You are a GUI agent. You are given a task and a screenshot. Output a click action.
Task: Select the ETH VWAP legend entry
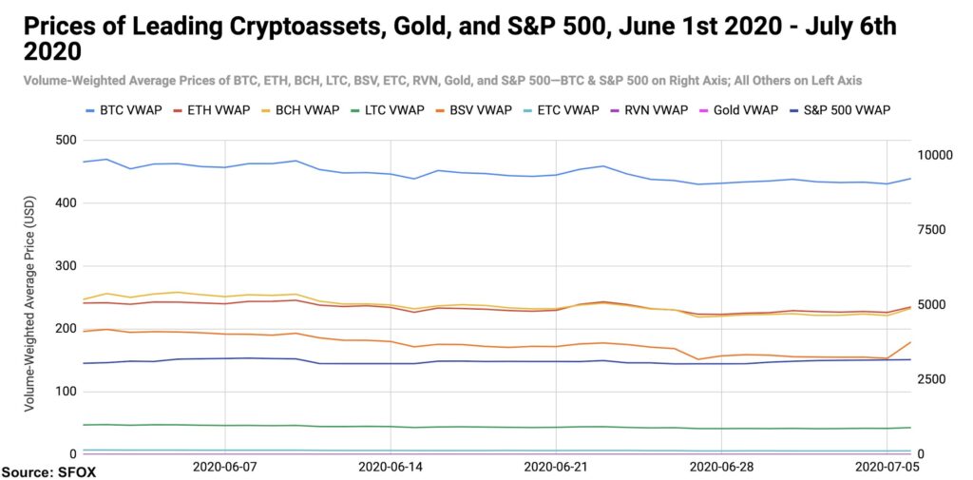(212, 110)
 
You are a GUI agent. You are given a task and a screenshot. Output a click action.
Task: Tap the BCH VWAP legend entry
(302, 110)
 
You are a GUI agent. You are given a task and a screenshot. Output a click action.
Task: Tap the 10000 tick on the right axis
(935, 155)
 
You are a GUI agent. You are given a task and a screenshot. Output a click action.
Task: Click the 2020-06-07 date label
(224, 466)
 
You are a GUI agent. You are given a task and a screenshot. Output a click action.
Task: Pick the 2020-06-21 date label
(555, 466)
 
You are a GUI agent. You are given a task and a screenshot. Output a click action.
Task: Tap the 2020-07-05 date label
(887, 466)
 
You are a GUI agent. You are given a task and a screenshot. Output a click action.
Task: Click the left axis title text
(29, 303)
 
